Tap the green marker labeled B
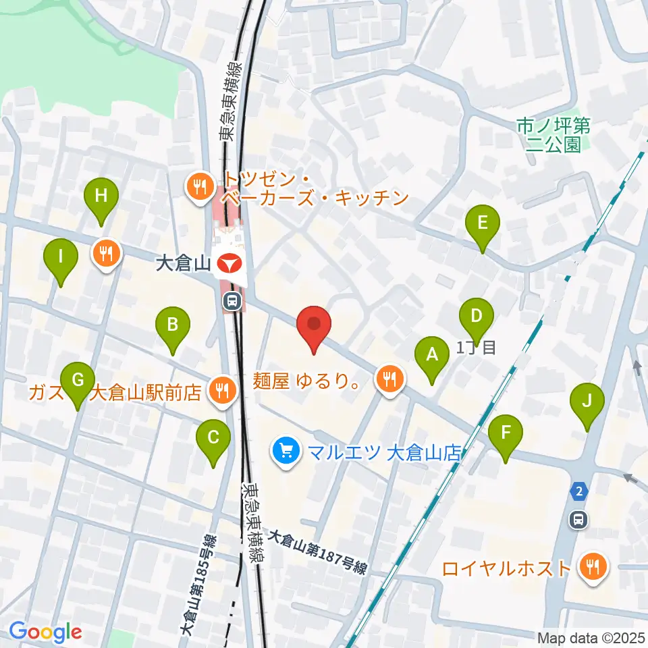tap(173, 326)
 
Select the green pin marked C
tap(213, 438)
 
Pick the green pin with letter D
tap(477, 317)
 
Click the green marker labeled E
tap(483, 223)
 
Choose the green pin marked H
tap(101, 197)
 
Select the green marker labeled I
tap(61, 257)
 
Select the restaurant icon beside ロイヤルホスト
tap(593, 567)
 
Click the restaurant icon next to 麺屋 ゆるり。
tap(389, 380)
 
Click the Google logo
tap(45, 631)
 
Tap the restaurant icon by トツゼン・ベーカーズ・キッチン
tap(199, 188)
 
